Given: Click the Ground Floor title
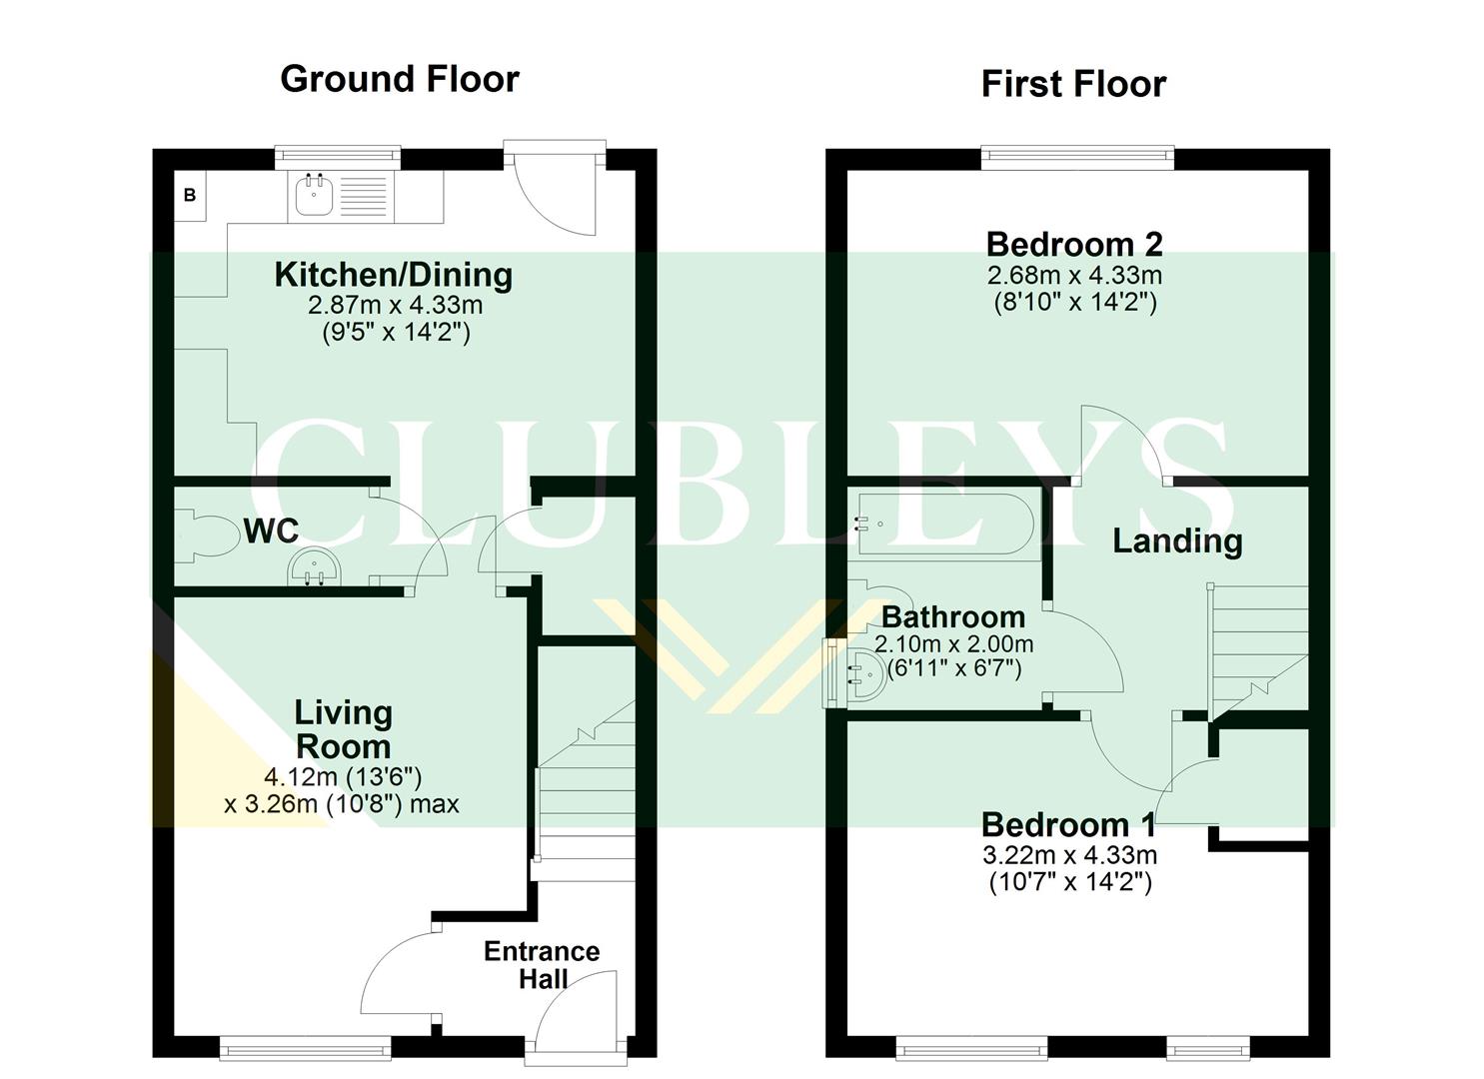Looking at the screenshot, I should (400, 79).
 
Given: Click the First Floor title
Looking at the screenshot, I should (1073, 84).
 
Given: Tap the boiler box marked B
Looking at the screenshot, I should (190, 196).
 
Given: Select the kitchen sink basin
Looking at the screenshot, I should (315, 196).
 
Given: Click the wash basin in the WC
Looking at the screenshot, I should (315, 571).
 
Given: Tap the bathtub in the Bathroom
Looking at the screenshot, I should (943, 524).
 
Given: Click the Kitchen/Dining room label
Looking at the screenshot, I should (394, 275).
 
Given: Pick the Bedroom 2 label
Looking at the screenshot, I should (1074, 244).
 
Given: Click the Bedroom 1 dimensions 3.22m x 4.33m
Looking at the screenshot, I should (1069, 855).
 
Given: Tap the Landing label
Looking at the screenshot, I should (1177, 540).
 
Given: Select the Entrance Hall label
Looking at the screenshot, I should (542, 964).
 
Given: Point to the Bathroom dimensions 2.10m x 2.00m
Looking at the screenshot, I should (953, 644).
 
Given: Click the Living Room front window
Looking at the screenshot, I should (305, 1048).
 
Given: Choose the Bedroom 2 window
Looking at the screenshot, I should (1077, 154).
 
